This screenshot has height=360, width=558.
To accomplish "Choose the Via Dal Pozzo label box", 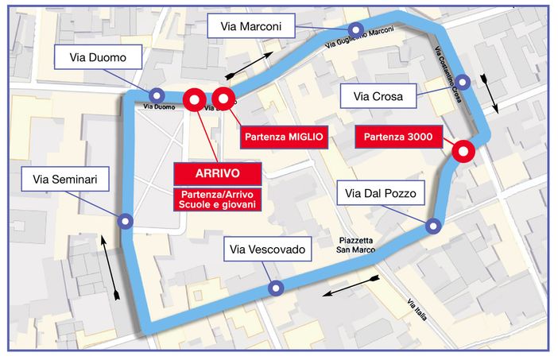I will (x=377, y=192).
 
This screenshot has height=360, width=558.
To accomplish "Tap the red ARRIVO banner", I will (x=217, y=172).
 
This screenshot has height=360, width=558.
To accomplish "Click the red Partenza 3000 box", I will (x=398, y=137).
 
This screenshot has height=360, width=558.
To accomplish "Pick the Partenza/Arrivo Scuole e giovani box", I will (x=217, y=199).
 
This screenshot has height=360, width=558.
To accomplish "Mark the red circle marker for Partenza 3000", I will (x=462, y=150).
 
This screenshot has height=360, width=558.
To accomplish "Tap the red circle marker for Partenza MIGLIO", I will (x=224, y=100).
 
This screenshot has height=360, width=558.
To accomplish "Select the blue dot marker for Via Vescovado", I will (x=275, y=288).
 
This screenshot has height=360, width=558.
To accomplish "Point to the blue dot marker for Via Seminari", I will (x=125, y=221).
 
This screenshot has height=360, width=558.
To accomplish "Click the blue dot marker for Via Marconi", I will (x=357, y=30).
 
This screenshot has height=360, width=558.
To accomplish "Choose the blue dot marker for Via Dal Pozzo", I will (x=433, y=226).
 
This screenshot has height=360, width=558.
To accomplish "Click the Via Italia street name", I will (x=417, y=309).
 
